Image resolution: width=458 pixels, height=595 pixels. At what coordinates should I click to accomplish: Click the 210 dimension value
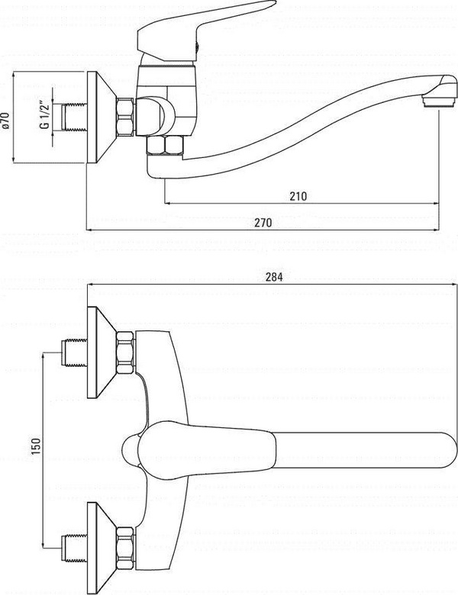(298, 196)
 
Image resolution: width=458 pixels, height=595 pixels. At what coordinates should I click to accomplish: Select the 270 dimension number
(263, 223)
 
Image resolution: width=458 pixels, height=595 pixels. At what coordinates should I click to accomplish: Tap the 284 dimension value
(274, 277)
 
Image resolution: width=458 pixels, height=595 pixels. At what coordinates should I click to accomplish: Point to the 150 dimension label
(35, 446)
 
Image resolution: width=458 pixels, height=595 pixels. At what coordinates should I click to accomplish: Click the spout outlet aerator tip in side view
(439, 101)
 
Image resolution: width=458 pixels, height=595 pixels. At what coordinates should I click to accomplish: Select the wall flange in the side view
(102, 117)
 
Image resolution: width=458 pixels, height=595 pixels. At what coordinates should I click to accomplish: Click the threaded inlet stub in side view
(75, 117)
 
